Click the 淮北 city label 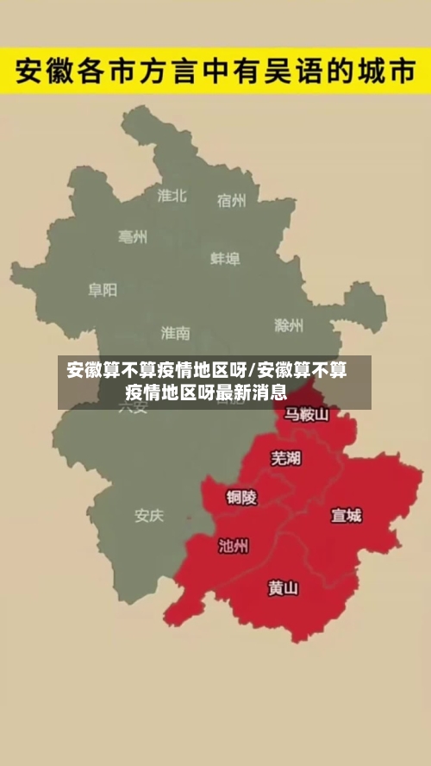(x=172, y=195)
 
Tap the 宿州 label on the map (x=231, y=200)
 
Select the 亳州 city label (x=133, y=236)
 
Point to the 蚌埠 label (x=225, y=258)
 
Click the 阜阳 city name (x=103, y=290)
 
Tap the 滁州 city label (x=289, y=325)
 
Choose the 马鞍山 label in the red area (x=307, y=414)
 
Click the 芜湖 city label (x=286, y=458)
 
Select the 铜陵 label (x=241, y=497)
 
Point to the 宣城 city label (x=347, y=516)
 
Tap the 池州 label (x=234, y=545)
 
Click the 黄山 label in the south (x=283, y=588)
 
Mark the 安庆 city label (x=148, y=516)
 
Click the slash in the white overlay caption (x=252, y=372)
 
